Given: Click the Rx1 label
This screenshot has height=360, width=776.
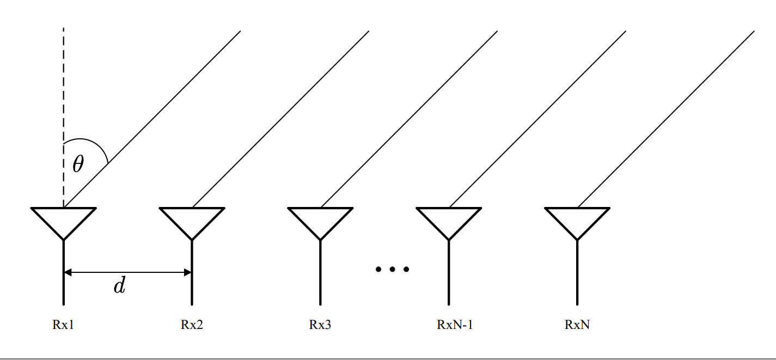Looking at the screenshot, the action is coord(63,325).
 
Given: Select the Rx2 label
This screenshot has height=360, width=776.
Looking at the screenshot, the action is coord(192,325).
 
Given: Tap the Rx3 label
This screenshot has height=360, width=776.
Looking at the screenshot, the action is coord(320,325).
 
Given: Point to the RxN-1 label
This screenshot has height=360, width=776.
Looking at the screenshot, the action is coord(455,325).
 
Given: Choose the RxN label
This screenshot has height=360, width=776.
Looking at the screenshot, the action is coord(577,325).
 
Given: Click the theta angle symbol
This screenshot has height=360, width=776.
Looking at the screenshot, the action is coord(78,163).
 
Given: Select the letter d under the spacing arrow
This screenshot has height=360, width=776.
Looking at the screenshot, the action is coord(119,286).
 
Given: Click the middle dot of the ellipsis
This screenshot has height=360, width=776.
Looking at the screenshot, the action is coord(392,269).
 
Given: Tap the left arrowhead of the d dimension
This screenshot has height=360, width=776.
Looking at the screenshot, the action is coord(68,272).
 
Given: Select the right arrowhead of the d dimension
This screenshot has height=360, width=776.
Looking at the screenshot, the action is coord(188,272).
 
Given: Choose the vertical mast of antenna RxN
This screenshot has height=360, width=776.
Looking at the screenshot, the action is coord(577,272).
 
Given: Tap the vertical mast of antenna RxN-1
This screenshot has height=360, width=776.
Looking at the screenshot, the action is coord(449,272).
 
